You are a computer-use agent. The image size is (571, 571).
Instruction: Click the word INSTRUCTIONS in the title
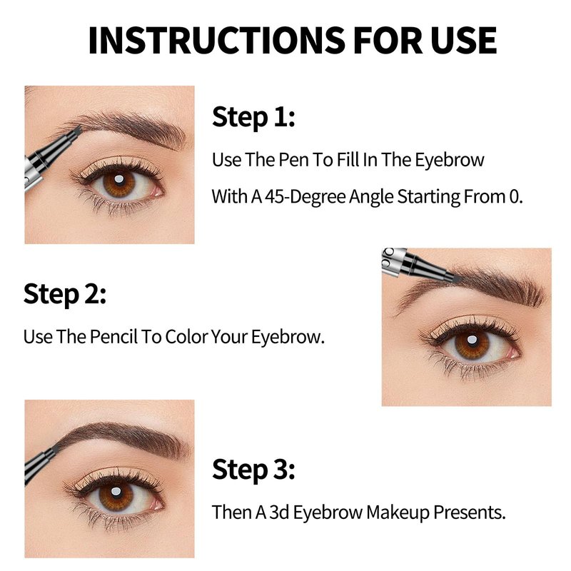pos(217,40)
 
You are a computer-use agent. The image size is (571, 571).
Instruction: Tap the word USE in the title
pos(463,40)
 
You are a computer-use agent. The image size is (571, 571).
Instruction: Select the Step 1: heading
pos(253,117)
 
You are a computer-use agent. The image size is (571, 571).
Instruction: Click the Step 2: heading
pos(65,293)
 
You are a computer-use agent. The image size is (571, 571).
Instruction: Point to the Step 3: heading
pos(253,469)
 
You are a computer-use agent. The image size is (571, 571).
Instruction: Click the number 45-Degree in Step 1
pos(305,197)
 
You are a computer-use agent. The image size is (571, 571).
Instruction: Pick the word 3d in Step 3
pos(279,512)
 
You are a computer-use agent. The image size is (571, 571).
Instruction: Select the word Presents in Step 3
pos(470,512)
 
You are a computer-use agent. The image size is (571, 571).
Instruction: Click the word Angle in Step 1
pos(371,197)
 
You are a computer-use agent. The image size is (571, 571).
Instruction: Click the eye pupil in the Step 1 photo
pos(119,180)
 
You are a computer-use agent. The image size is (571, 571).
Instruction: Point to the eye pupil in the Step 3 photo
pos(116,492)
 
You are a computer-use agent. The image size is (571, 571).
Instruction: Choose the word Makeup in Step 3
pos(398,512)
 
